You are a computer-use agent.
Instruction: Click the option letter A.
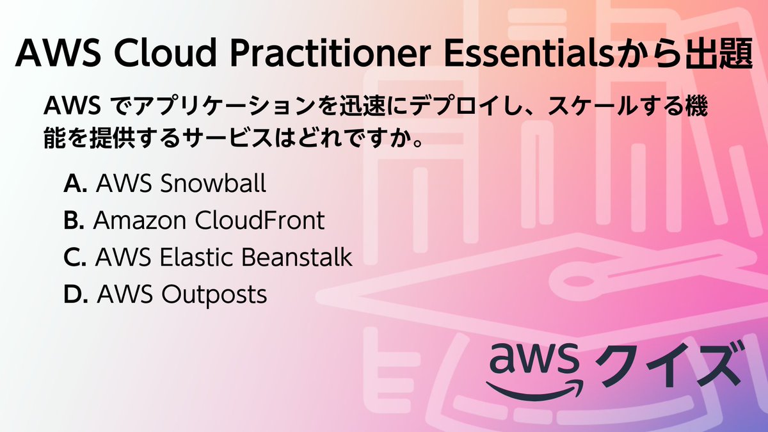75,184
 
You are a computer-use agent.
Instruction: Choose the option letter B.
74,221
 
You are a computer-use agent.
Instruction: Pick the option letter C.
75,257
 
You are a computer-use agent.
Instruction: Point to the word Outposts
214,295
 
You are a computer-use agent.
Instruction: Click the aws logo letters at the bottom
532,360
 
